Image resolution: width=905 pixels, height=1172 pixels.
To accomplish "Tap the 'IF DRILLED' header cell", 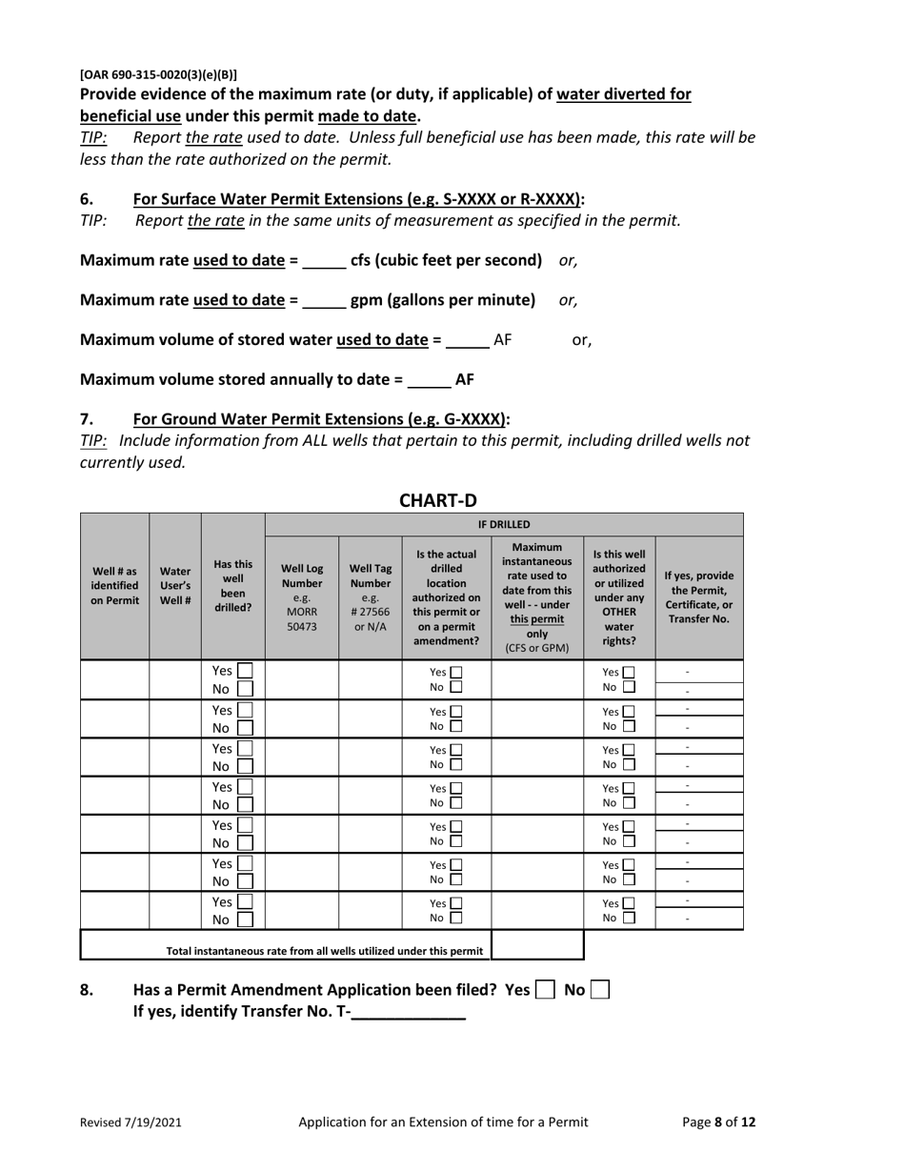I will (504, 524).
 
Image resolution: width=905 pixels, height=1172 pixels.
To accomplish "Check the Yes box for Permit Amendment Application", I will (545, 990).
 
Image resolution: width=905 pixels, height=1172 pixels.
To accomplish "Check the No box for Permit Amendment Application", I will (599, 990).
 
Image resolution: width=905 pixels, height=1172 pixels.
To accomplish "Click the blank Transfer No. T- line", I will (409, 1014).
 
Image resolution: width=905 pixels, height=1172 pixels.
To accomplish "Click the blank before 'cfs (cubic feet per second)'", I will (325, 261).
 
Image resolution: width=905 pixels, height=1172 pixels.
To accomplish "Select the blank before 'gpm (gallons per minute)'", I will (325, 301).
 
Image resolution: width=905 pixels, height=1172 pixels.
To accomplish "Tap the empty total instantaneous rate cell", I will (536, 945).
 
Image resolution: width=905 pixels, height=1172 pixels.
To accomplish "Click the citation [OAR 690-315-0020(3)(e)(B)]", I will (158, 74).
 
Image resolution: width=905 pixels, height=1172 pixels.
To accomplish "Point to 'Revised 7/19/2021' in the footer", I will (131, 1122).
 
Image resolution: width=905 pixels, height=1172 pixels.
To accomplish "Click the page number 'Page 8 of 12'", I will (718, 1122).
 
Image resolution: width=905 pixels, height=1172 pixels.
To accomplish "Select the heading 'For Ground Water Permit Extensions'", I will (321, 418).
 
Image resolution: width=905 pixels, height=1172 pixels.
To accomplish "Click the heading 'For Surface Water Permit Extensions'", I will (358, 199).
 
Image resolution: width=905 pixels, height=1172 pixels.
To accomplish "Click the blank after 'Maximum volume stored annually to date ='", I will (429, 380).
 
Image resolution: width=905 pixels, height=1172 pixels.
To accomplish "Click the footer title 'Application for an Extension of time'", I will (443, 1122).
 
